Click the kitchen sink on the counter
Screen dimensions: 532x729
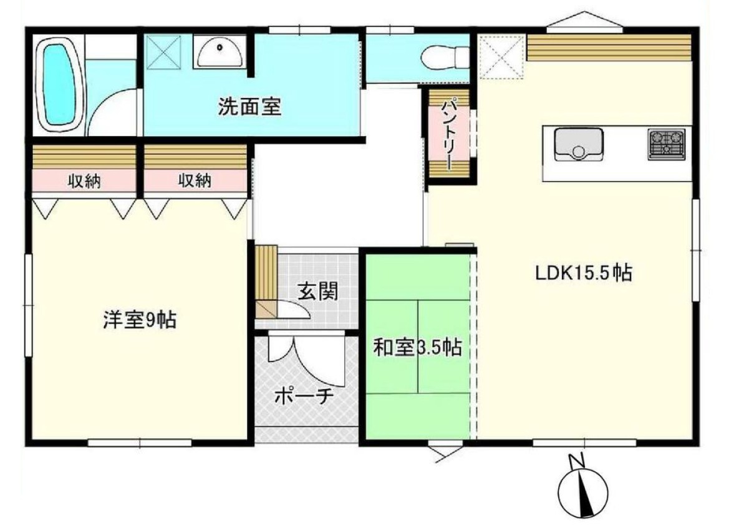click(x=578, y=144)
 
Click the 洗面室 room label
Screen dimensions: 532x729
click(x=249, y=107)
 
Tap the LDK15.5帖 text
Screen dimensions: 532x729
click(x=584, y=273)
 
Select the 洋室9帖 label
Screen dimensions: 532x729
click(x=139, y=320)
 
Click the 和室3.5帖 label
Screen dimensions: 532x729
click(x=417, y=348)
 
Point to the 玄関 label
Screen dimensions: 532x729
click(x=317, y=291)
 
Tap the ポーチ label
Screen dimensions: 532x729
click(x=304, y=397)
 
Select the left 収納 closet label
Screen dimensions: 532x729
click(x=84, y=181)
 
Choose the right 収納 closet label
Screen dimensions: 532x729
click(x=195, y=181)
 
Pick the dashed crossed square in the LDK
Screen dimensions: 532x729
click(x=502, y=58)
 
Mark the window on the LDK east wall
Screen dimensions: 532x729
click(x=695, y=250)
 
